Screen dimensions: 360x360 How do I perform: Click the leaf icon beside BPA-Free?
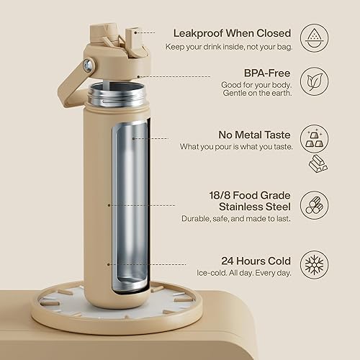click(314, 80)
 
